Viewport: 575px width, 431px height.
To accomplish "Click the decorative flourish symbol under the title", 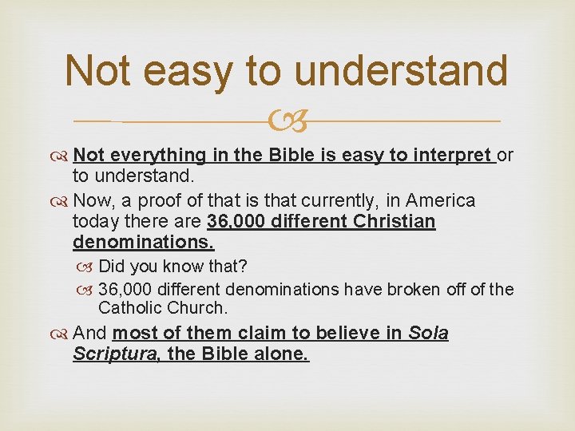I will pyautogui.click(x=287, y=122).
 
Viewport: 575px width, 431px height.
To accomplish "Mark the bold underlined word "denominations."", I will pyautogui.click(x=144, y=241).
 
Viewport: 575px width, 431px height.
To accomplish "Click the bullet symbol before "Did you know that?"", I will pyautogui.click(x=88, y=266).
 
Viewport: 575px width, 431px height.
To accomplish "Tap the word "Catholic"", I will pyautogui.click(x=129, y=307).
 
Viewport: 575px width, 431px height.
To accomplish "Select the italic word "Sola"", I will pyautogui.click(x=428, y=333).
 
